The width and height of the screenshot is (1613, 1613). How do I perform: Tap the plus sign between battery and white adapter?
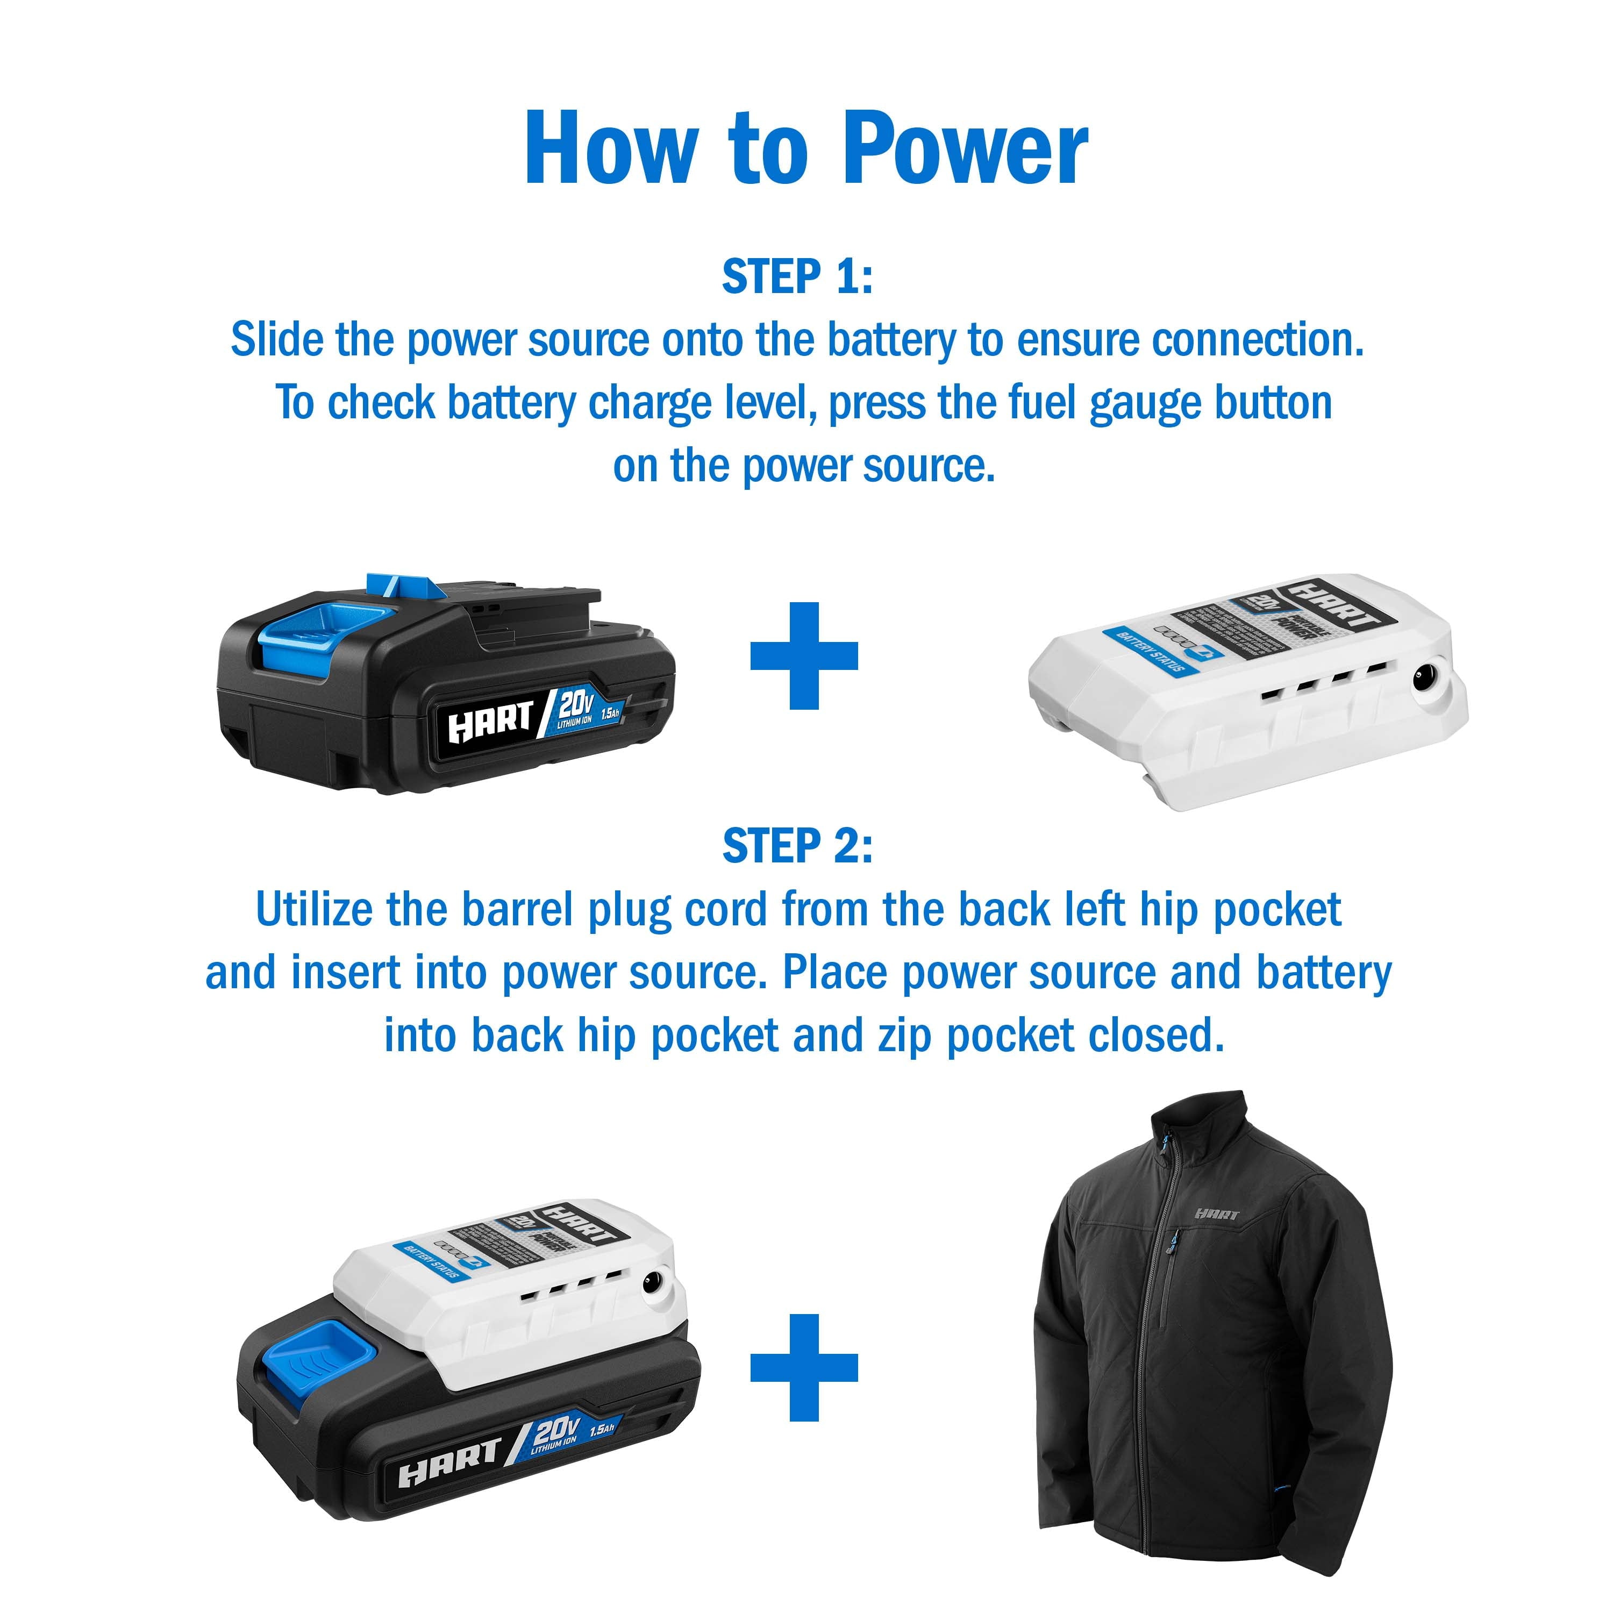tap(804, 655)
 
